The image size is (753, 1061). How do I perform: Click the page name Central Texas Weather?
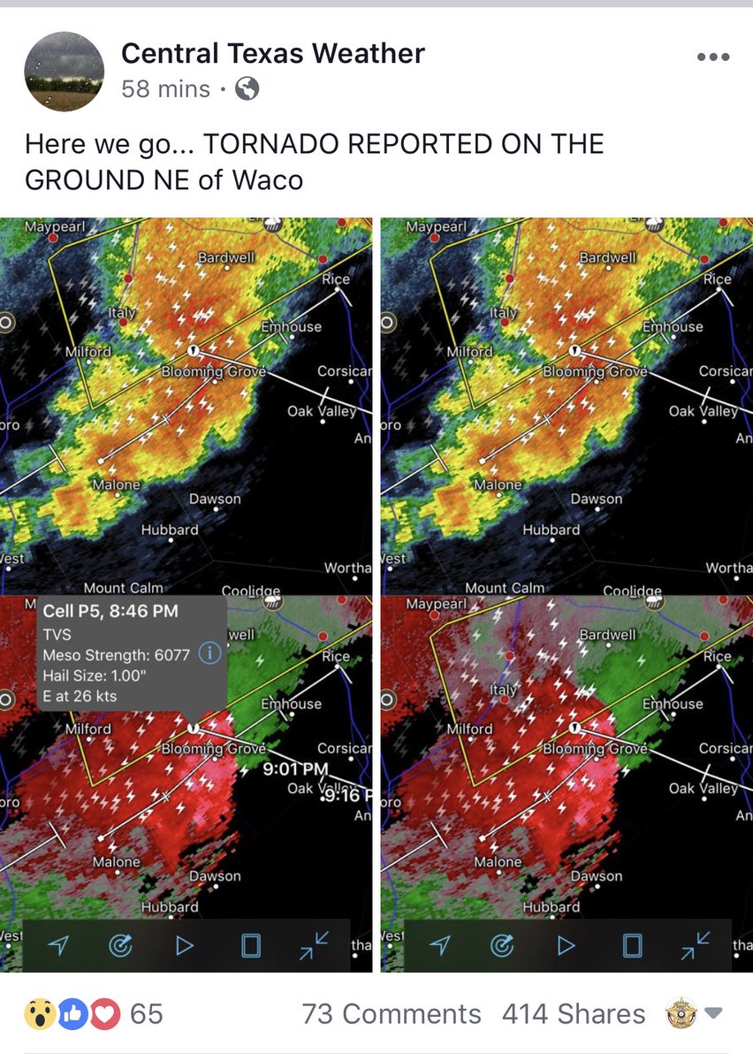click(x=272, y=54)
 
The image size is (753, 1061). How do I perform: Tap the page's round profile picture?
click(x=64, y=72)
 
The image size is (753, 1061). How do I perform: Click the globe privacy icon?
click(x=247, y=88)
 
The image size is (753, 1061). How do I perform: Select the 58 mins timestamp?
click(x=165, y=89)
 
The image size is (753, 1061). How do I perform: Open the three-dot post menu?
click(x=712, y=57)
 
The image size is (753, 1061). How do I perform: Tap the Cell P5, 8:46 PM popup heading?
click(x=110, y=611)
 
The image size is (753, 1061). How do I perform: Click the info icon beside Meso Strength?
click(x=209, y=654)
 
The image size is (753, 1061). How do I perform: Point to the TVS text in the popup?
click(x=57, y=634)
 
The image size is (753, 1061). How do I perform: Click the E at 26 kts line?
click(x=80, y=696)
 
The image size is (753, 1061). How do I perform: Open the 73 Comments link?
click(x=392, y=1014)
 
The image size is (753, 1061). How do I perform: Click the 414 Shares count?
click(x=574, y=1014)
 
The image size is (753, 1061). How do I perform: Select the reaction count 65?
click(x=147, y=1014)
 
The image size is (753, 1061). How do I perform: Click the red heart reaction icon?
click(x=104, y=1014)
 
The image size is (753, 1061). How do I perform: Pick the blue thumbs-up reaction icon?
click(x=73, y=1014)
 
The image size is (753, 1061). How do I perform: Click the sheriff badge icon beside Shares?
click(x=681, y=1013)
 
